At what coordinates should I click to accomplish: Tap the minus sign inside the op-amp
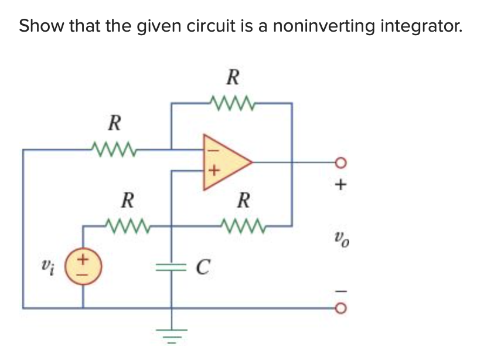pyautogui.click(x=213, y=150)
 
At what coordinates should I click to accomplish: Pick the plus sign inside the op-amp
pyautogui.click(x=214, y=172)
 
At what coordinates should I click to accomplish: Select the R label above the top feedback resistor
pyautogui.click(x=233, y=77)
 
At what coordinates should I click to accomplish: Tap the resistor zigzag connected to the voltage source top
pyautogui.click(x=127, y=225)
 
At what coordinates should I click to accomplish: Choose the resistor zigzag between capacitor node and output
pyautogui.click(x=243, y=225)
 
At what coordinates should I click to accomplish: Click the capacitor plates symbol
pyautogui.click(x=172, y=268)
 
